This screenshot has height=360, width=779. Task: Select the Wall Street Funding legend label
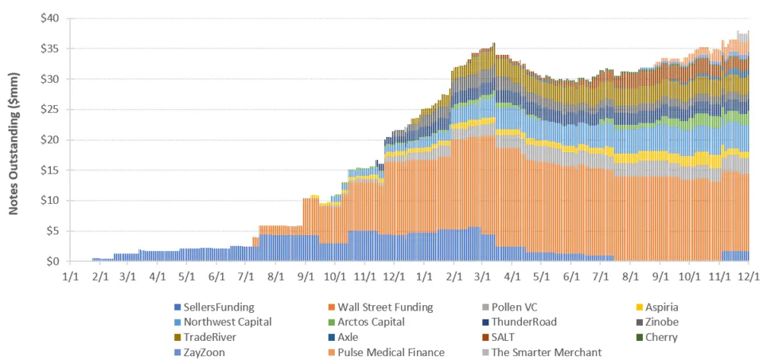(x=386, y=307)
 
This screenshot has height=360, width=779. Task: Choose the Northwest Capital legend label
(x=223, y=321)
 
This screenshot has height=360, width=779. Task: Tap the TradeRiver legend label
(x=211, y=336)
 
